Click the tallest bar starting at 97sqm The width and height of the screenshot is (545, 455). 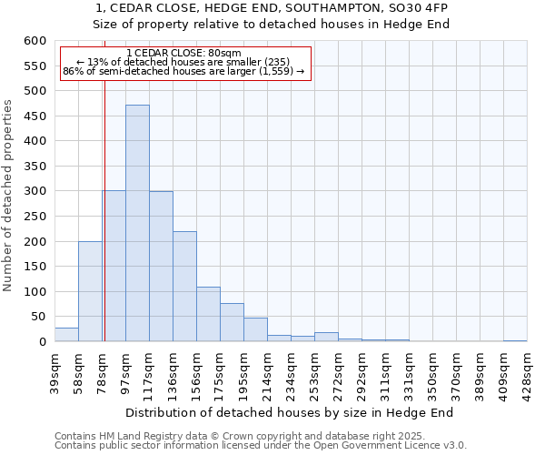point(137,223)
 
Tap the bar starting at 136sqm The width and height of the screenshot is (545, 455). point(184,287)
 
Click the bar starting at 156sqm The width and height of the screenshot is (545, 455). point(208,314)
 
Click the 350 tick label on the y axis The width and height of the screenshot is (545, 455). point(35,167)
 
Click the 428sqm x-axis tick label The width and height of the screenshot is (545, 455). point(527,371)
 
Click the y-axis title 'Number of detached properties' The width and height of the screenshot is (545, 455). point(9,196)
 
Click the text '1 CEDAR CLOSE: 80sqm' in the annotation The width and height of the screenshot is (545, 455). point(184,54)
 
